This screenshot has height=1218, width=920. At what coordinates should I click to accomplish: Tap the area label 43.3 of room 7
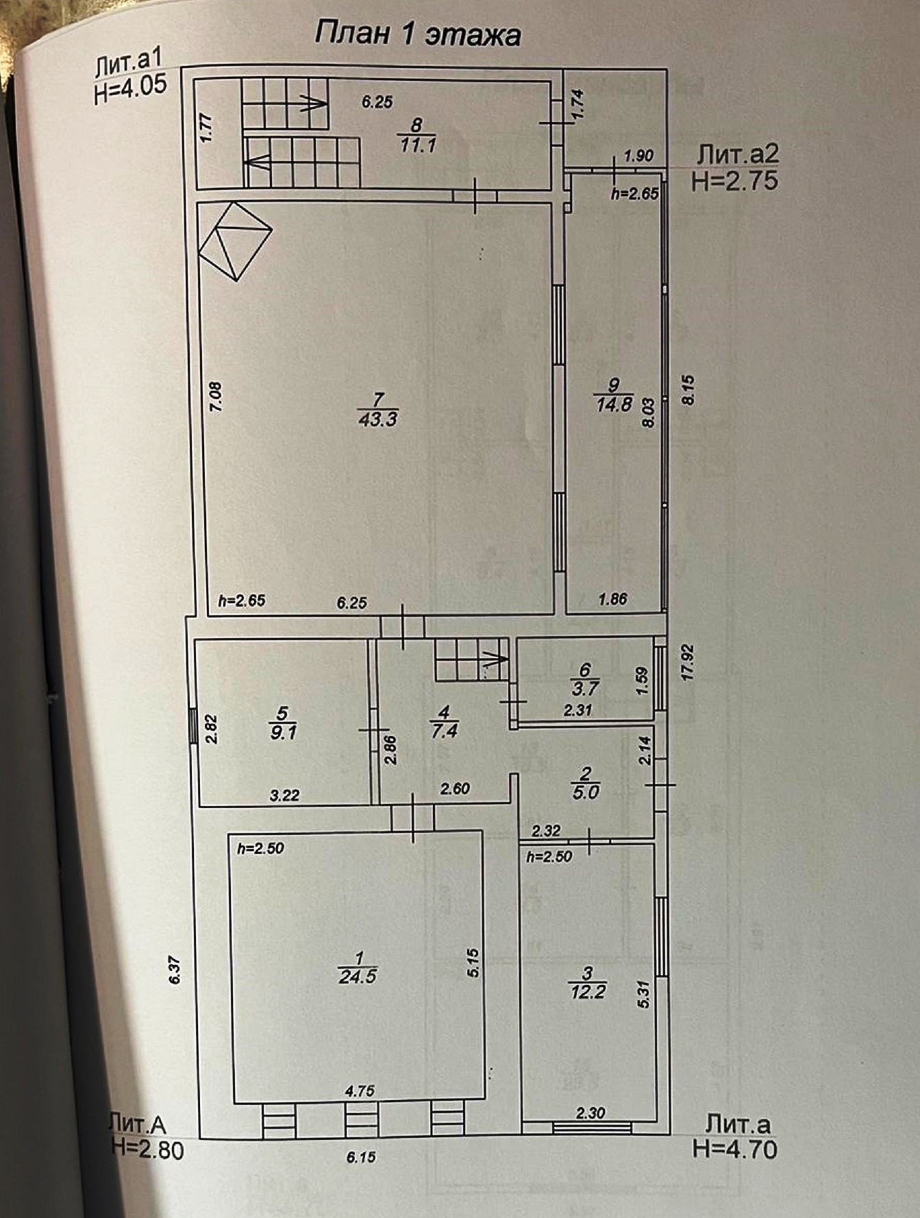point(377,419)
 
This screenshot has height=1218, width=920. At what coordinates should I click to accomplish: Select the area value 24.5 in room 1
point(358,976)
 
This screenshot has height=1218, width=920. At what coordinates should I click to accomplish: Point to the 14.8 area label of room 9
point(614,404)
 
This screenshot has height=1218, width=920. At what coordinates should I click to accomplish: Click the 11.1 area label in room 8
point(418,145)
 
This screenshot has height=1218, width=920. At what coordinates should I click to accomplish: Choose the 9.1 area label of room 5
point(283,732)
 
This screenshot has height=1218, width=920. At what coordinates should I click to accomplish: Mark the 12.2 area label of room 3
point(588,991)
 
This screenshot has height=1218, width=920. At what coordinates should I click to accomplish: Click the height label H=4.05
point(130,90)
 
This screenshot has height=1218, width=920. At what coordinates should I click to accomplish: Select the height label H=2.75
point(735,180)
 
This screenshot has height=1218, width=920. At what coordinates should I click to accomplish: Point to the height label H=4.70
point(736,1148)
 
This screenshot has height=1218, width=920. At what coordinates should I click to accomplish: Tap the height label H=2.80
point(147,1149)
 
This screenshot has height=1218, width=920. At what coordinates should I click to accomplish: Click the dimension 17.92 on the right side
point(688,661)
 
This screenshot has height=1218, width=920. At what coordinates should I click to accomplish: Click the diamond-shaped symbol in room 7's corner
point(235,241)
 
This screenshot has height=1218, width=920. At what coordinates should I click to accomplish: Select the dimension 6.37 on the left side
point(175,970)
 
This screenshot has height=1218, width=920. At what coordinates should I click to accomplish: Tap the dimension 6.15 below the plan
point(361,1157)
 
